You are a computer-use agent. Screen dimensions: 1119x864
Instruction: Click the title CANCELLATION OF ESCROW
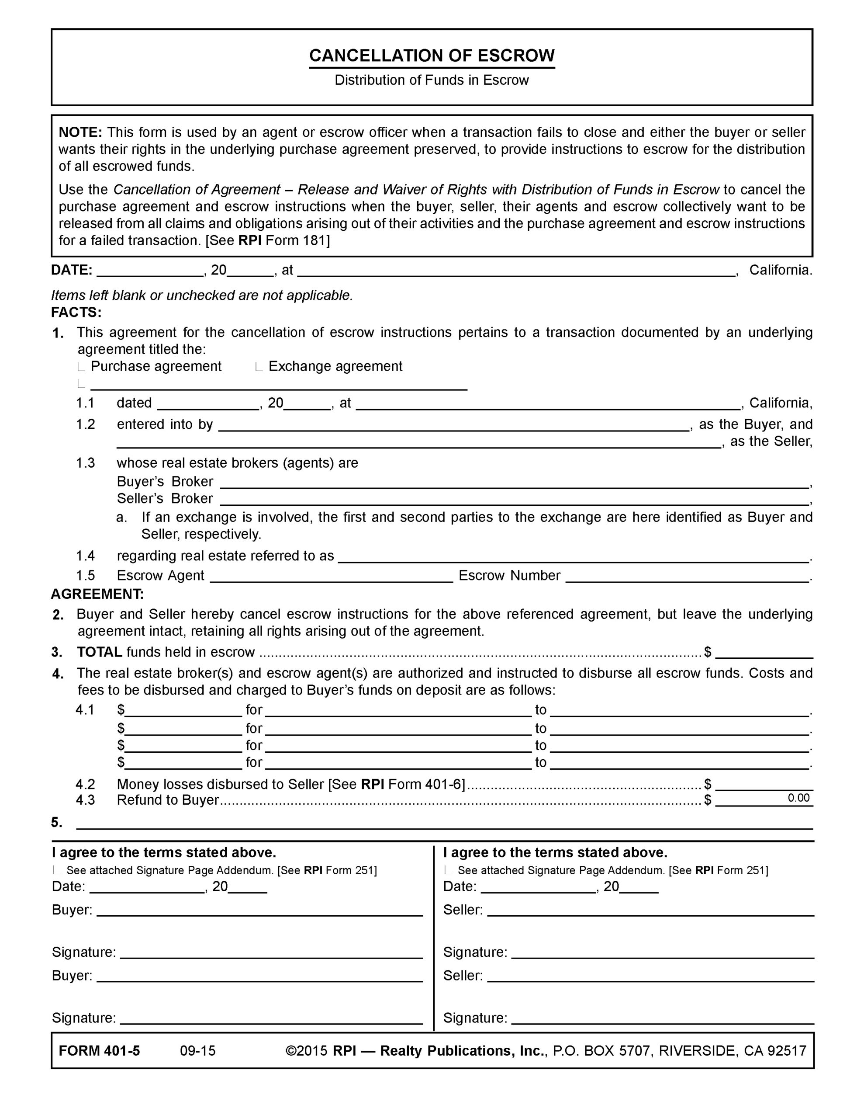click(x=432, y=56)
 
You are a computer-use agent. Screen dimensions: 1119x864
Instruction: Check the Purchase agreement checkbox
click(x=80, y=367)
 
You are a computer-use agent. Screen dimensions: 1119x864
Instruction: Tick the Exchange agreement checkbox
click(x=258, y=367)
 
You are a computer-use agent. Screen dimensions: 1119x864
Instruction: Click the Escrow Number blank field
click(x=687, y=577)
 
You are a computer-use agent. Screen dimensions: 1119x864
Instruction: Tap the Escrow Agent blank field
click(x=332, y=577)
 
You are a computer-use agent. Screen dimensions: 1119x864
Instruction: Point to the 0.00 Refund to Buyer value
click(x=798, y=798)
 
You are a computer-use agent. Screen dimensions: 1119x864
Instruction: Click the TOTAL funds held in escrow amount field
click(x=764, y=652)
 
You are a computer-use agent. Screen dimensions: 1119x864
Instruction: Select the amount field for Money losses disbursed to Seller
click(x=764, y=785)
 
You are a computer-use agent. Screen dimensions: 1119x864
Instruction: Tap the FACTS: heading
click(x=76, y=312)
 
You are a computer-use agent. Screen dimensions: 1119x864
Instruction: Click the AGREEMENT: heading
click(x=97, y=594)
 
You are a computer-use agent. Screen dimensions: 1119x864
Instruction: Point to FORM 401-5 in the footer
click(x=99, y=1051)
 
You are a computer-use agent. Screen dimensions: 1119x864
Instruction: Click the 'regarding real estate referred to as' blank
click(x=573, y=557)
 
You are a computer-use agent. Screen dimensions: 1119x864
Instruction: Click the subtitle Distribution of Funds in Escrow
click(x=431, y=80)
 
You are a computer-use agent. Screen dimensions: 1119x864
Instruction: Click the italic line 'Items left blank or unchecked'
click(x=202, y=295)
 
